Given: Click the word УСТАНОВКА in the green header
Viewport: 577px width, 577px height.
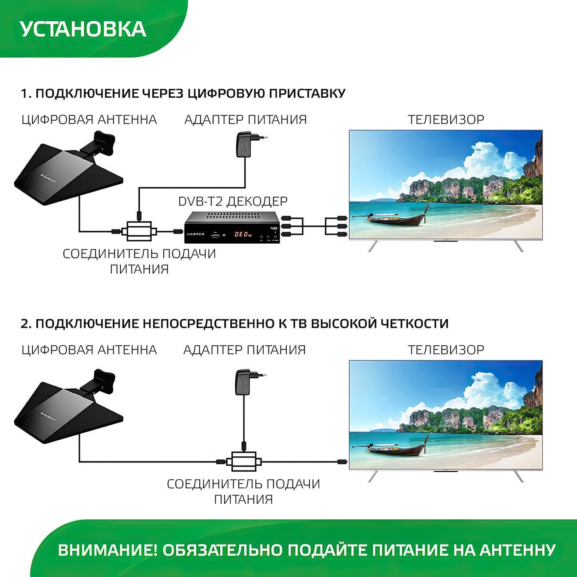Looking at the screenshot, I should [x=83, y=28].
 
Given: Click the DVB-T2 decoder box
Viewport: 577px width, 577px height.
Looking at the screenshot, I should [x=233, y=228].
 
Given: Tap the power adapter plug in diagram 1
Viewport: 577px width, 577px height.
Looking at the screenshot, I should [x=247, y=144].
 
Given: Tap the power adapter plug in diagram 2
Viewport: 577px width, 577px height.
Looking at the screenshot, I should [x=247, y=381].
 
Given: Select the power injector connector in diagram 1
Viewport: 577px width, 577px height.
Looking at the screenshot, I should [x=139, y=231].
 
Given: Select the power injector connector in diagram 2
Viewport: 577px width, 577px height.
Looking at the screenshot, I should [x=243, y=462].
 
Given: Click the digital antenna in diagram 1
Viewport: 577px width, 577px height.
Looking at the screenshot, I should [x=67, y=166].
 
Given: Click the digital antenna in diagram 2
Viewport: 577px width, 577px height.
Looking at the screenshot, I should [x=67, y=402].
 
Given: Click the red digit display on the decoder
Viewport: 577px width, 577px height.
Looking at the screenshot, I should [x=243, y=233].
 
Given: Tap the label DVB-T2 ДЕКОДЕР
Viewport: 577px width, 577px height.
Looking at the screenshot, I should [x=233, y=201].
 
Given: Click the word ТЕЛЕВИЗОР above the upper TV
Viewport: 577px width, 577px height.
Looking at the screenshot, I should [x=446, y=119].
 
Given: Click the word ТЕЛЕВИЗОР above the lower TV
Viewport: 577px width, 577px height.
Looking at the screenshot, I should [x=446, y=350].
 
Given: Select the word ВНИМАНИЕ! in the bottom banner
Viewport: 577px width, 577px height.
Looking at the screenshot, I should [x=107, y=550].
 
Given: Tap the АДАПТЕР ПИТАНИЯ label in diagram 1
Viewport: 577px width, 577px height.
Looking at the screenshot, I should [x=245, y=119].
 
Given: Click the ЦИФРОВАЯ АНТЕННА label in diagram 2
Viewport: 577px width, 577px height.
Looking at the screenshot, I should [x=89, y=350].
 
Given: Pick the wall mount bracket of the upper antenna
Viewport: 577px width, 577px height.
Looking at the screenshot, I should [x=103, y=142].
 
